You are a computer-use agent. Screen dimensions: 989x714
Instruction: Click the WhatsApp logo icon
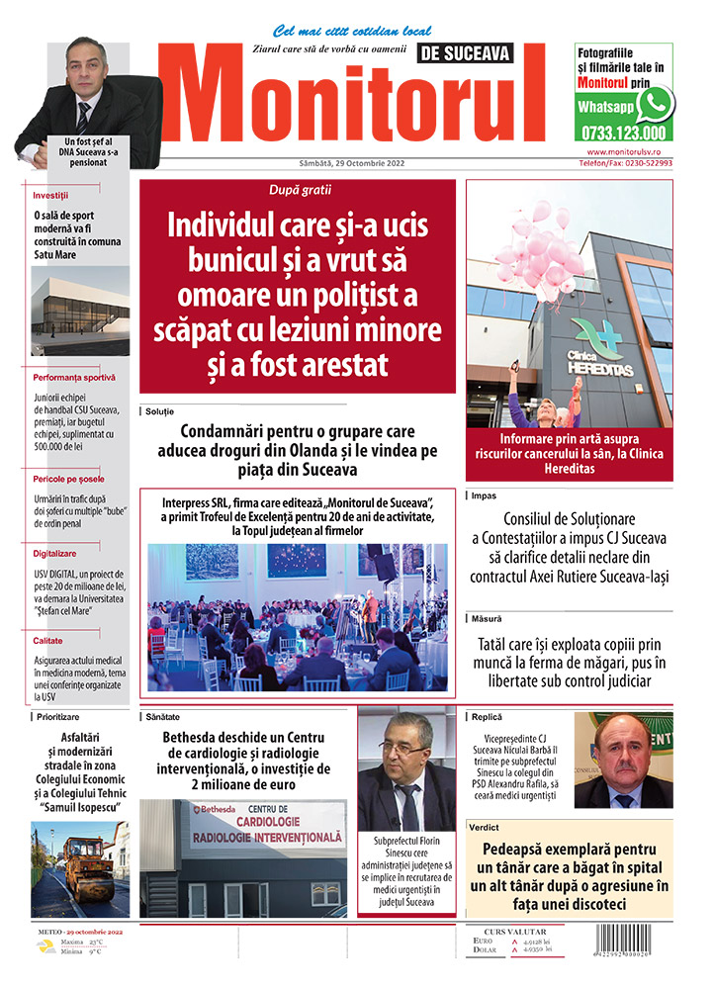click(656, 103)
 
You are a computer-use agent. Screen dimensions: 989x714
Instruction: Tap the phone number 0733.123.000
click(624, 132)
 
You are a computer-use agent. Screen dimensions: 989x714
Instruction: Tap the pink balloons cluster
click(540, 248)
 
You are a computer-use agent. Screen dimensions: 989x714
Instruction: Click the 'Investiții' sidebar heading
click(50, 195)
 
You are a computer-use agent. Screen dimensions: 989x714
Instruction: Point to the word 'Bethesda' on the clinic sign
click(218, 808)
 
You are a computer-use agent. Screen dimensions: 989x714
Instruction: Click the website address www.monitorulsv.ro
click(629, 151)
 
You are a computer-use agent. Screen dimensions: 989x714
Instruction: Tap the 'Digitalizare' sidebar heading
click(54, 554)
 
